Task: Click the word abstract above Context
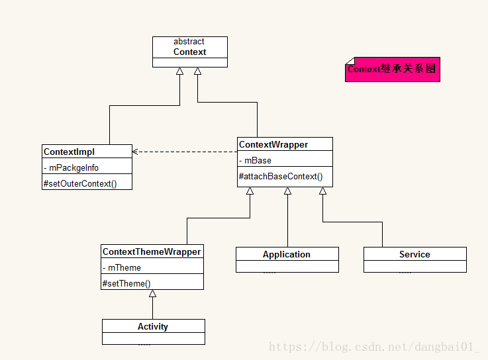pyautogui.click(x=189, y=42)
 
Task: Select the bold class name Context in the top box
pyautogui.click(x=189, y=52)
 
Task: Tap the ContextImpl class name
pyautogui.click(x=69, y=152)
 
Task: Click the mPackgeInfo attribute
pyautogui.click(x=72, y=168)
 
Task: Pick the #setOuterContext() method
pyautogui.click(x=80, y=183)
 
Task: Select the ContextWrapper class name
pyautogui.click(x=273, y=145)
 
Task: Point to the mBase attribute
pyautogui.click(x=255, y=161)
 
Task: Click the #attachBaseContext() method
pyautogui.click(x=281, y=177)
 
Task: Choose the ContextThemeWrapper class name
pyautogui.click(x=152, y=251)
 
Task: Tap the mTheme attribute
pyautogui.click(x=122, y=267)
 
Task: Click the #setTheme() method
pyautogui.click(x=126, y=283)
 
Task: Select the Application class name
pyautogui.click(x=287, y=255)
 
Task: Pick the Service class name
pyautogui.click(x=415, y=255)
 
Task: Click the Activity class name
pyautogui.click(x=153, y=327)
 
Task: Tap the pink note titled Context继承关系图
pyautogui.click(x=393, y=69)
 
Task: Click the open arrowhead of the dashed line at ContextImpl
pyautogui.click(x=135, y=152)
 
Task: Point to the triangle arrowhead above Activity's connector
pyautogui.click(x=152, y=293)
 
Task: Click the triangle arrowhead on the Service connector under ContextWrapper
pyautogui.click(x=322, y=191)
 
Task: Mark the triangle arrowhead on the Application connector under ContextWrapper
pyautogui.click(x=287, y=191)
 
